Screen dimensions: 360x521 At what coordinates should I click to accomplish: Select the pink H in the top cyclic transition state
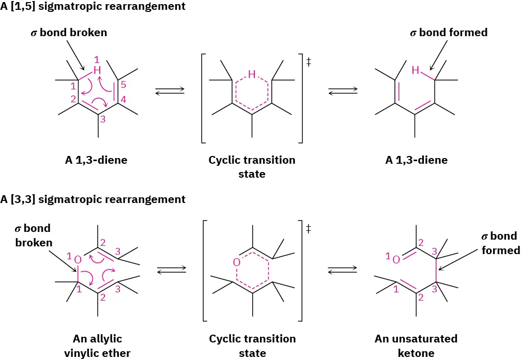(x=252, y=74)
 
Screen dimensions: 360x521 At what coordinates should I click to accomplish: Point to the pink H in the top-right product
(x=415, y=70)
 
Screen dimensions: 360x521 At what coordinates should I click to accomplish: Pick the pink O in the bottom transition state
(x=236, y=262)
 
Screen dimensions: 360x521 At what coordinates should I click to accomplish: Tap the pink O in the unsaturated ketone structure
(x=396, y=259)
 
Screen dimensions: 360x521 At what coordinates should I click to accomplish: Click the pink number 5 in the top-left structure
(x=123, y=85)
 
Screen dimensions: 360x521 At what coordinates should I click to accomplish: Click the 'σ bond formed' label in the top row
(x=449, y=33)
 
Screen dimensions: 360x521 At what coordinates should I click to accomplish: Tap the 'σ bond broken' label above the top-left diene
(x=68, y=33)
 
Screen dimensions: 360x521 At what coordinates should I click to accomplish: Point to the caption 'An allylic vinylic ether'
(x=97, y=346)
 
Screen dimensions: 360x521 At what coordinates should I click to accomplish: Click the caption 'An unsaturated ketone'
(x=416, y=346)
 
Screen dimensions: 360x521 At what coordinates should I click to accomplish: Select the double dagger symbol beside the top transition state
(x=309, y=62)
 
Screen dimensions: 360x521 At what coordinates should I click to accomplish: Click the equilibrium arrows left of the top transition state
(x=170, y=91)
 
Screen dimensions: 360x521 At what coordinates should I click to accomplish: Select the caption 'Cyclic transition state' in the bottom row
(x=252, y=346)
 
